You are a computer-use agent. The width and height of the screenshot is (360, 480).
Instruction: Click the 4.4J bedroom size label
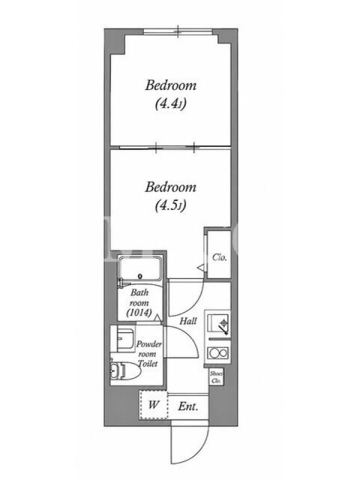(170, 104)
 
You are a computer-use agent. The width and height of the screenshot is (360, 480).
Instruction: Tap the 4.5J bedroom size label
(170, 206)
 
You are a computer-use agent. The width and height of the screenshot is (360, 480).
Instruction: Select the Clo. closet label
(220, 257)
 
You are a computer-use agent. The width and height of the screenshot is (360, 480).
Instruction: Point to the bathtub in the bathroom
(140, 268)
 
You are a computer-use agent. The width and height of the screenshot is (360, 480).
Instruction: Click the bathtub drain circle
(140, 276)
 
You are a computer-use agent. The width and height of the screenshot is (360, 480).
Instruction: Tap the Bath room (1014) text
(139, 303)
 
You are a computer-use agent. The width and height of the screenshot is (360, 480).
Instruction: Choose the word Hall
(188, 321)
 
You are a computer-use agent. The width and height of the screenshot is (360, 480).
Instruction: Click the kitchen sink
(218, 323)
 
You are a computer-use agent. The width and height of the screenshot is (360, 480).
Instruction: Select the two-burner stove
(218, 353)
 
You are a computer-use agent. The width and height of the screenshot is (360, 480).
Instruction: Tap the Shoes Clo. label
(217, 377)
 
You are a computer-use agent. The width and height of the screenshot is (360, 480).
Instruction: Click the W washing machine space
(154, 404)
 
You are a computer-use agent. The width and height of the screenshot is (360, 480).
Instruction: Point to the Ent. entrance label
(188, 407)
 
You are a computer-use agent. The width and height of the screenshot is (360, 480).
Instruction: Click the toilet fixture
(125, 371)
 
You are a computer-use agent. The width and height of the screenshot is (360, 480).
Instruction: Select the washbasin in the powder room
(125, 339)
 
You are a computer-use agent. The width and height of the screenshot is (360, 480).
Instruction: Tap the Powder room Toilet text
(148, 354)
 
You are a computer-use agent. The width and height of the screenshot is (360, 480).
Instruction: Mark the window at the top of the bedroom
(178, 31)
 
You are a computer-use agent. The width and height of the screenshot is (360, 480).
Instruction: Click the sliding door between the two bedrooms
(175, 148)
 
